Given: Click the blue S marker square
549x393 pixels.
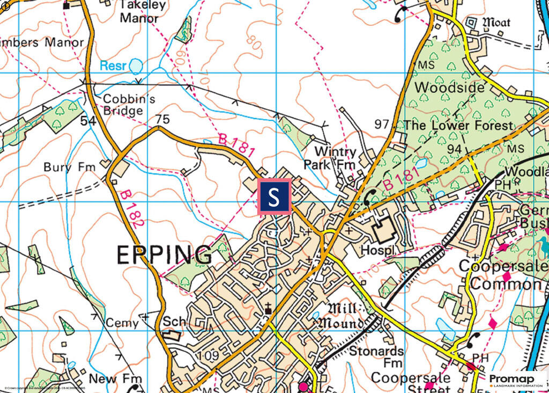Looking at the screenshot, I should click(x=275, y=197).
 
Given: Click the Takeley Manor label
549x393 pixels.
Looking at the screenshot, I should click(x=139, y=11).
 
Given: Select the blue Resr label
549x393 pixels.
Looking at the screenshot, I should click(x=114, y=66).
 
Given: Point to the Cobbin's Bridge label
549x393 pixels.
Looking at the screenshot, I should click(x=123, y=105).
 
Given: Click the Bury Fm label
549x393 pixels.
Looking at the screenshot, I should click(x=69, y=167).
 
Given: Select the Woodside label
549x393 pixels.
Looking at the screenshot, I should click(x=449, y=87).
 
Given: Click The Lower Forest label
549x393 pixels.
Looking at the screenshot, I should click(x=458, y=125).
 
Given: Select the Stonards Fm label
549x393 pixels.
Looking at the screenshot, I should click(x=376, y=358).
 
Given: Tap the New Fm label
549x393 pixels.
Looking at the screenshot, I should click(x=110, y=379).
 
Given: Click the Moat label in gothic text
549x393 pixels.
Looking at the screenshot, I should click(x=496, y=23).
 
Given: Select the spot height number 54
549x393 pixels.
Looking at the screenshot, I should click(x=87, y=121).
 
